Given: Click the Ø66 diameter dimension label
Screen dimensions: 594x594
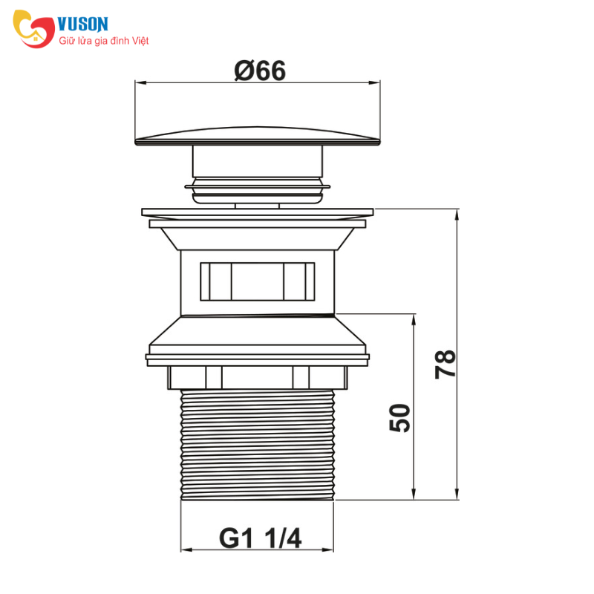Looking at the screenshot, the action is point(260,71).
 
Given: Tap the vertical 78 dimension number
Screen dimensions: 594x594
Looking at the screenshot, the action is point(445,364).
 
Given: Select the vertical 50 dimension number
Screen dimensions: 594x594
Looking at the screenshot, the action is point(399,418).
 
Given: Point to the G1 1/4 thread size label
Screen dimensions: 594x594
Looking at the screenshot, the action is point(261,538).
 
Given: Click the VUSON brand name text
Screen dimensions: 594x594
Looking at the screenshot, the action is point(83,25).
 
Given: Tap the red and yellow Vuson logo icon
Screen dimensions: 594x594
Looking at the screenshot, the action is point(33,29).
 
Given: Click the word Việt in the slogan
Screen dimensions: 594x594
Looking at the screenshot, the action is point(140,41).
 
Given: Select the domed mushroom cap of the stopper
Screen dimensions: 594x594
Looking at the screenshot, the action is point(258,136).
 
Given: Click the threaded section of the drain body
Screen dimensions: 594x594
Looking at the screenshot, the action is point(258,445).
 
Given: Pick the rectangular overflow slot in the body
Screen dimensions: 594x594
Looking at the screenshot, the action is point(257,281).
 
